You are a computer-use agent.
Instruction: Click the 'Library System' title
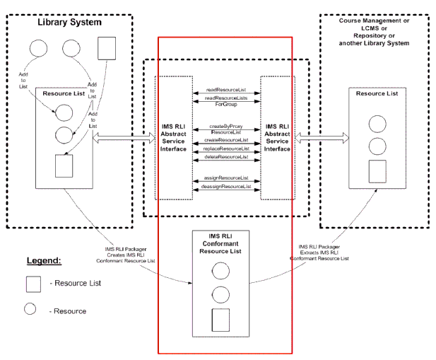[69, 23]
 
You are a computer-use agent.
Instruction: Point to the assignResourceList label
[225, 177]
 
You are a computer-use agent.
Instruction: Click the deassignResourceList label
[225, 187]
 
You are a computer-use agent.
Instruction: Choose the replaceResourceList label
[225, 149]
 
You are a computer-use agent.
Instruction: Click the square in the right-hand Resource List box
[377, 170]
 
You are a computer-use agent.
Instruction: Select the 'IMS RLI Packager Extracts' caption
[319, 252]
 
